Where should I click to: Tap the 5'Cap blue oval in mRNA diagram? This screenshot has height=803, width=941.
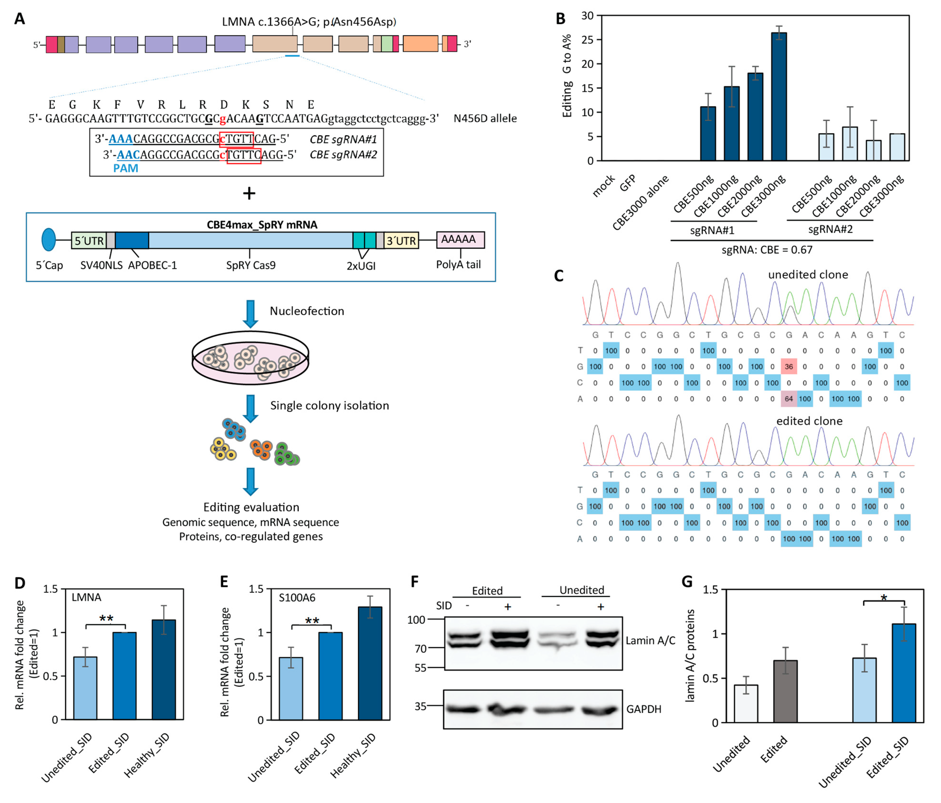coord(49,240)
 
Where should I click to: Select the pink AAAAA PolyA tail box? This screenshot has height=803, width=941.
coord(460,240)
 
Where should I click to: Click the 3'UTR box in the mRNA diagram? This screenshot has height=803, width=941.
coord(401,240)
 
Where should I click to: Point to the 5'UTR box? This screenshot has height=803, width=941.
coord(89,240)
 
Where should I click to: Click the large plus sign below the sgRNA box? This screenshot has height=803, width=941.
coord(249,194)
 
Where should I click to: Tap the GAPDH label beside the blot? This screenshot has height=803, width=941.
coord(644,709)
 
